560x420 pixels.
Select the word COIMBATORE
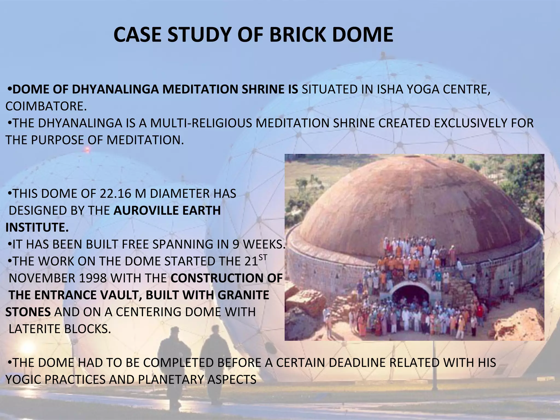(x=46, y=106)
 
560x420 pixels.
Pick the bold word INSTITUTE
(x=37, y=227)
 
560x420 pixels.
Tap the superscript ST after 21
(x=263, y=258)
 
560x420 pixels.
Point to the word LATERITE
(x=35, y=329)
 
